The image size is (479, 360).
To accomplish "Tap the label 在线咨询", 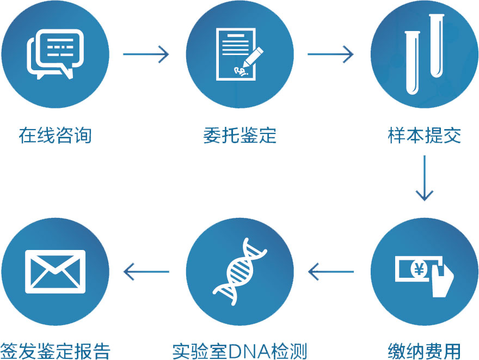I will [x=55, y=135].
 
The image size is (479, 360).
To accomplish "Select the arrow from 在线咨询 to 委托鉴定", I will [x=146, y=54].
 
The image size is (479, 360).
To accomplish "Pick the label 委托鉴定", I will [x=240, y=135].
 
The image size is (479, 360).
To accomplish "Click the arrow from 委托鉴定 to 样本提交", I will [x=330, y=54].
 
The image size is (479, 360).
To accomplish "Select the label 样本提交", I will [x=425, y=135].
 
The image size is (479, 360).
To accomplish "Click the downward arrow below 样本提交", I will [x=424, y=178].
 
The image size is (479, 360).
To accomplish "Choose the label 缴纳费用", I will [x=425, y=350].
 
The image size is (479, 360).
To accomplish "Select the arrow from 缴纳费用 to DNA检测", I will [x=331, y=271].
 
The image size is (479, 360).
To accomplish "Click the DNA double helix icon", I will [x=240, y=271].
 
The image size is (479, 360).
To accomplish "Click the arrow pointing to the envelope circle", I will [x=146, y=271].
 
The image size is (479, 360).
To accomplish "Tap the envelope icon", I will [x=55, y=271].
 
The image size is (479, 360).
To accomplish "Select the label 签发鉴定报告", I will [x=55, y=350].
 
